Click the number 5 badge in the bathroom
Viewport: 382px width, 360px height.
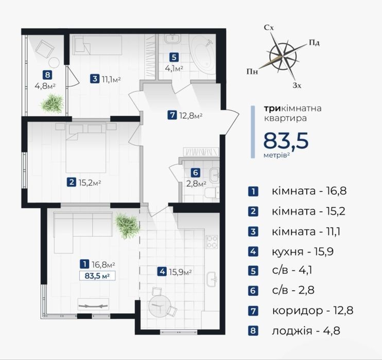click(x=173, y=58)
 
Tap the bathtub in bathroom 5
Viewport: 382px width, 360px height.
click(x=203, y=54)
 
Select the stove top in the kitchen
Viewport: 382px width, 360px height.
click(x=212, y=242)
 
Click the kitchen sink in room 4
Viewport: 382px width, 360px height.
click(x=211, y=279)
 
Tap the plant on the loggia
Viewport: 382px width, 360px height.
click(x=52, y=104)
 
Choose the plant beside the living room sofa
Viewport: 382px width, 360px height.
click(x=127, y=226)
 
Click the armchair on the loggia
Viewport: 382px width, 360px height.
click(x=45, y=49)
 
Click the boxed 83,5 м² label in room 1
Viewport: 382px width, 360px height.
click(x=97, y=276)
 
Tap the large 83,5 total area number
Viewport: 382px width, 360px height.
click(x=286, y=140)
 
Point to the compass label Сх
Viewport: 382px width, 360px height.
click(x=269, y=28)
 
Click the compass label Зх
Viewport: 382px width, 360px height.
click(x=297, y=85)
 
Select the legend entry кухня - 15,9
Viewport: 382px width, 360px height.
click(x=303, y=251)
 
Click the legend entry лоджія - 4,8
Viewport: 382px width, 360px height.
click(x=306, y=331)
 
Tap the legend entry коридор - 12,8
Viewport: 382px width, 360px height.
click(x=312, y=311)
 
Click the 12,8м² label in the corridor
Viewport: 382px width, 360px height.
click(x=191, y=115)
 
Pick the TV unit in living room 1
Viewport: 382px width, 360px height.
click(x=93, y=304)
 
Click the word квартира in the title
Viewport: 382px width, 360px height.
click(x=286, y=118)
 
